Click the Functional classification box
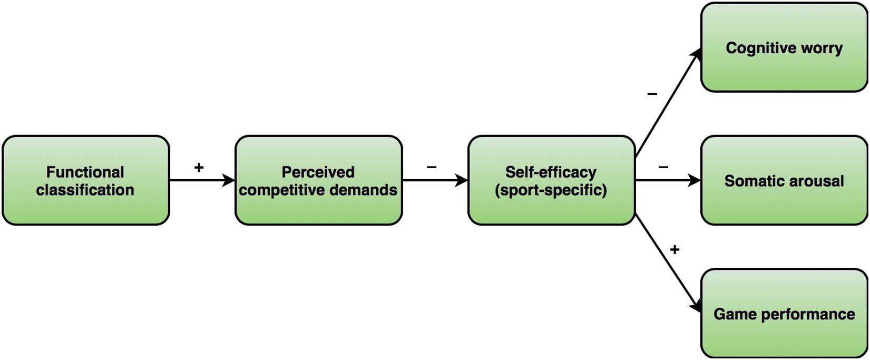point(85,181)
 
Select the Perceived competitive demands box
point(318,181)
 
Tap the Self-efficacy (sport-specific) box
point(551,181)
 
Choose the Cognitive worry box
point(784,48)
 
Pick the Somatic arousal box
point(784,181)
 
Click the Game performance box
point(784,314)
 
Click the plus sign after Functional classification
point(199,168)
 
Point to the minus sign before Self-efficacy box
point(432,168)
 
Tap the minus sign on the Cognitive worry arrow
point(652,94)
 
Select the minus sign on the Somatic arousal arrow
point(663,168)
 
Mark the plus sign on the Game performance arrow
point(675,249)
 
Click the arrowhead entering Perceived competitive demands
point(229,181)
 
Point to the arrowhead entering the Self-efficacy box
point(462,181)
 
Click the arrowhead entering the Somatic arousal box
point(695,181)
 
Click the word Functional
point(85,172)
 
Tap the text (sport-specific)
point(551,190)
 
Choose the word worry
point(821,48)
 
